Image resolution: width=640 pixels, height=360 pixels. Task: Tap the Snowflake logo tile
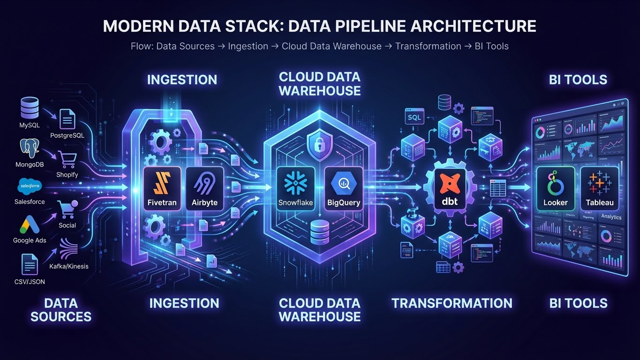click(x=295, y=187)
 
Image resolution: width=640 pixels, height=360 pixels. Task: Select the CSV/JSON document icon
click(x=30, y=264)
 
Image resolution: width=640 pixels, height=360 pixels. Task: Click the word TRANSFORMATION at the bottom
click(x=452, y=303)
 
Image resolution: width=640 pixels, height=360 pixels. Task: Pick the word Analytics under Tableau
click(x=611, y=217)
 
